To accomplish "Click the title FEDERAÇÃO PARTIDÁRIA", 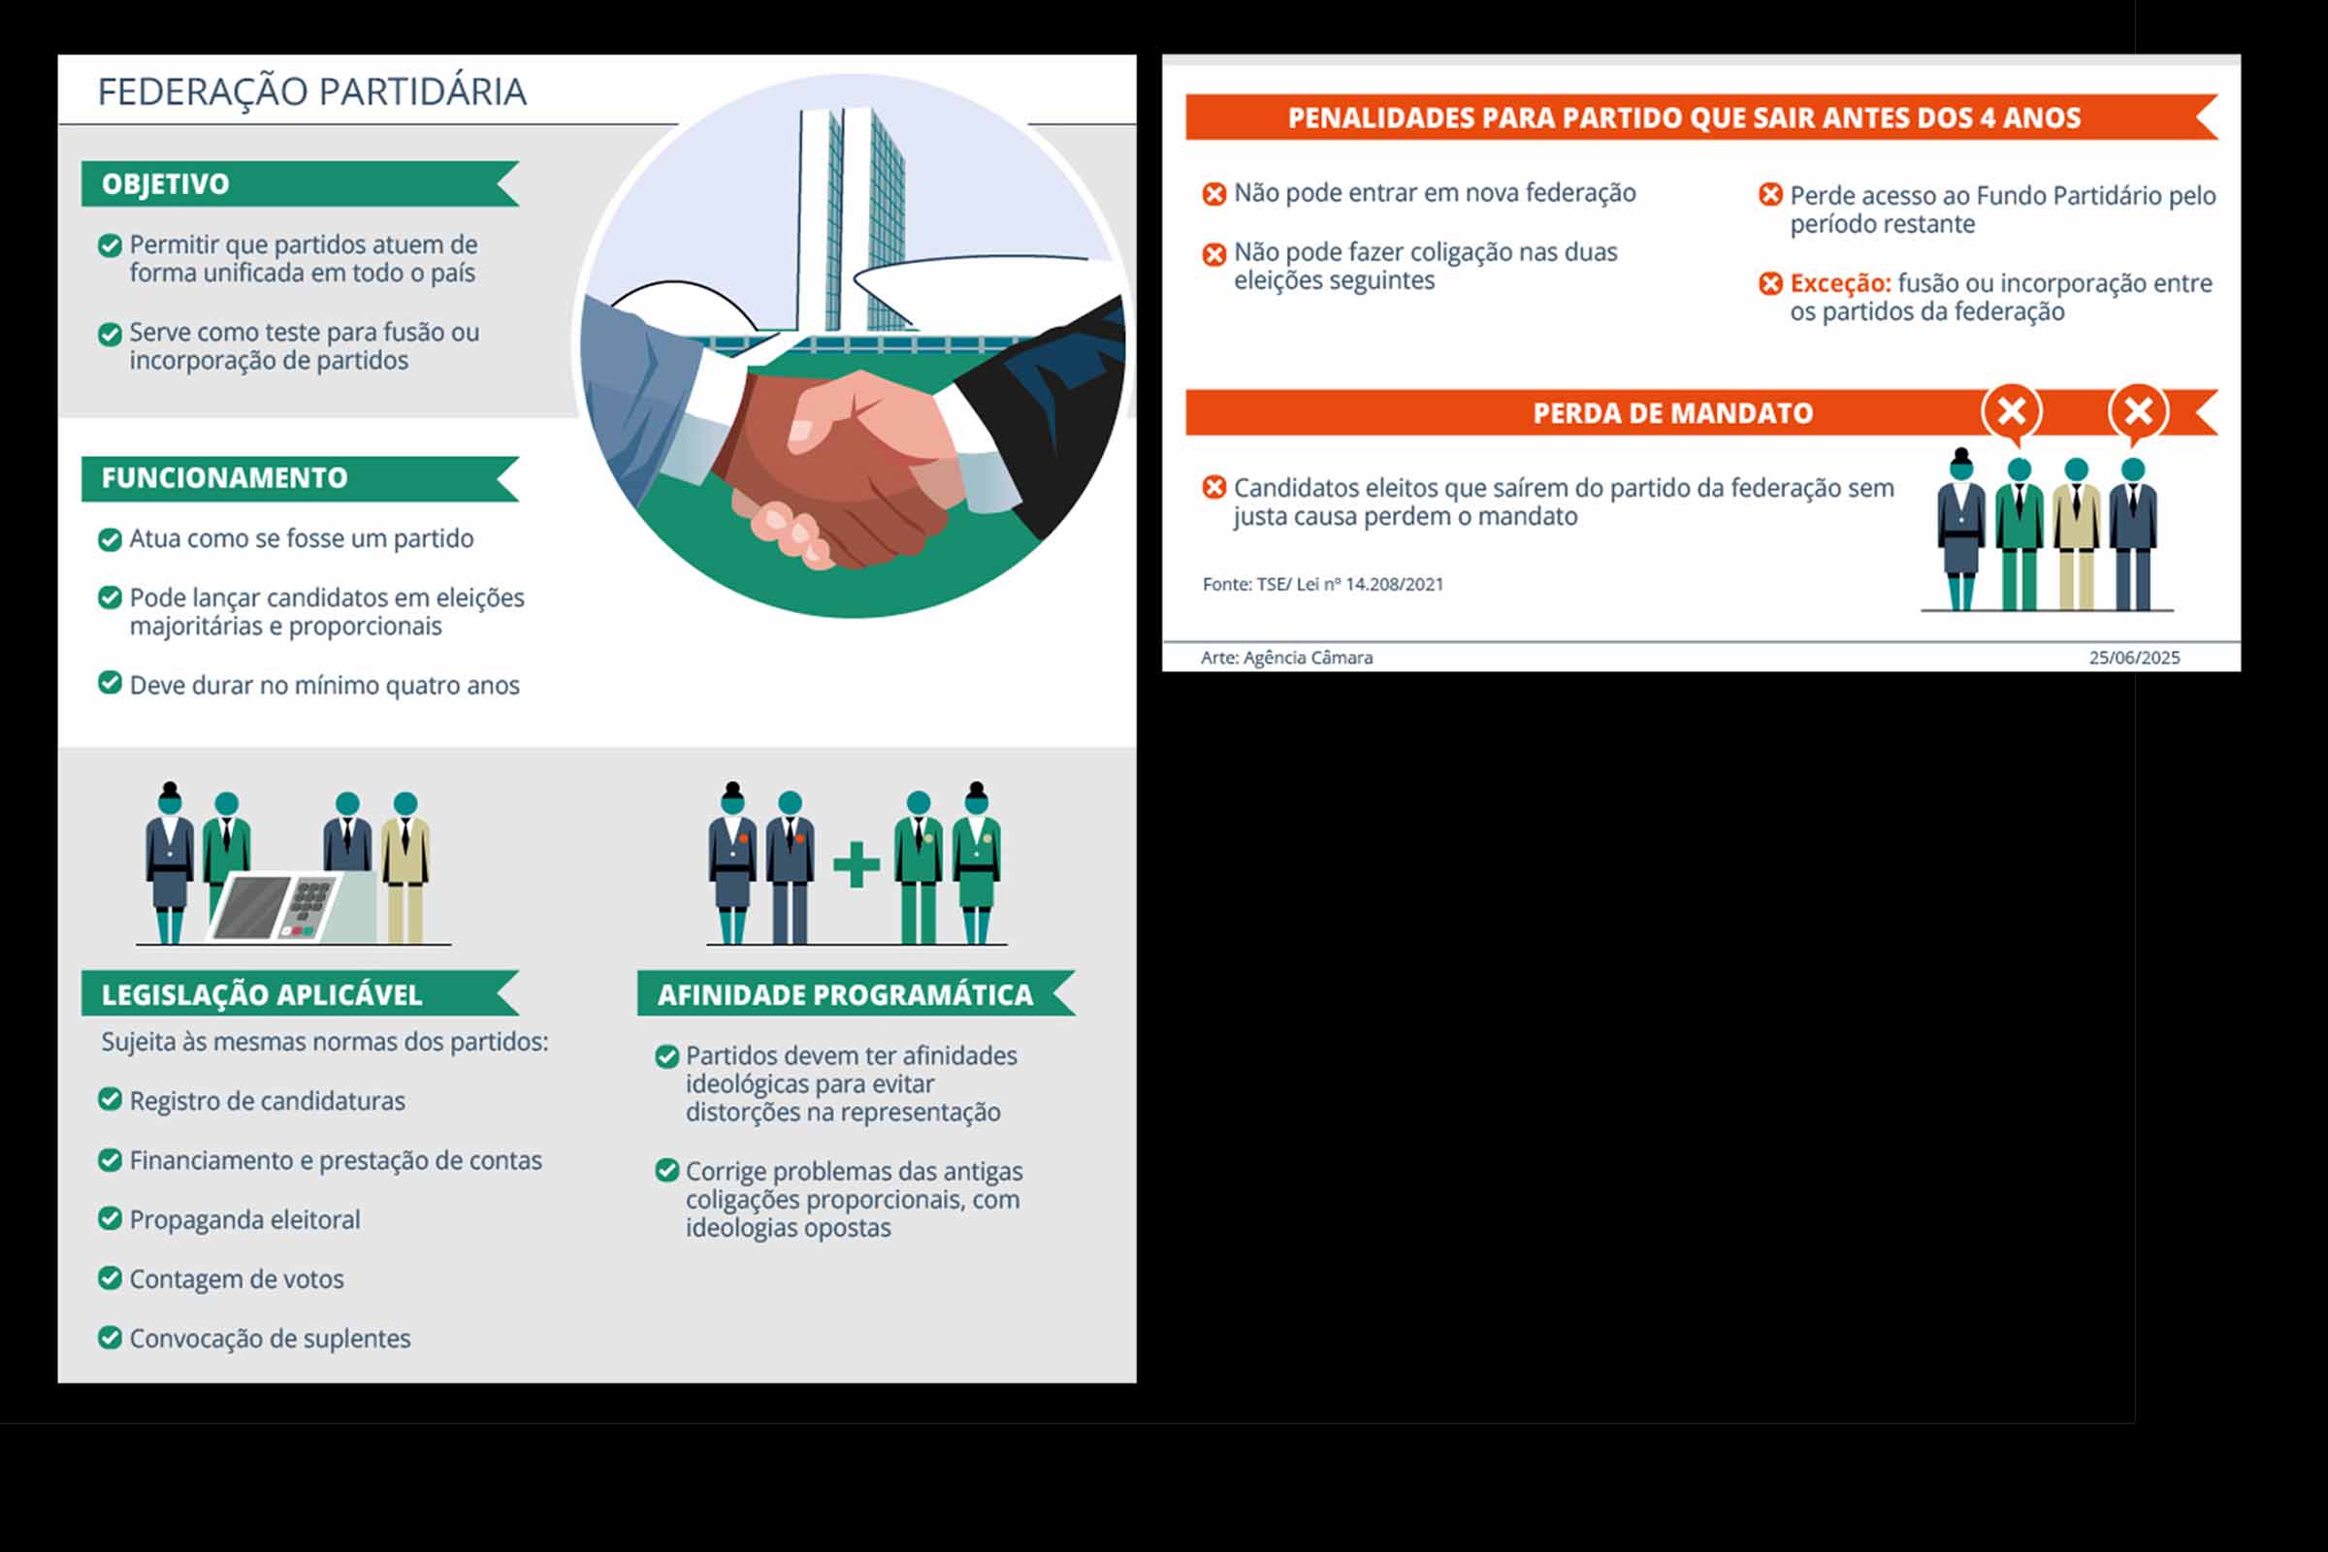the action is (311, 91).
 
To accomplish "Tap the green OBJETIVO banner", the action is (300, 184).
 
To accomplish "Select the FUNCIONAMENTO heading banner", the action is (300, 478).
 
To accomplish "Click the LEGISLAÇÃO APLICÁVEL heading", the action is (300, 993).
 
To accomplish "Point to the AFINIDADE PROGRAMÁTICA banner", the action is (857, 993).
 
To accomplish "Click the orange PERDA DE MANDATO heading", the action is (1672, 413).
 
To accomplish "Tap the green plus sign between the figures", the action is (857, 865).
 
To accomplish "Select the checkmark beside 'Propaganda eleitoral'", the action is (110, 1218).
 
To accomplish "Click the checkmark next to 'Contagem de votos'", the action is (110, 1277).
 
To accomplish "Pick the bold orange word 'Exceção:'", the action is (1840, 283).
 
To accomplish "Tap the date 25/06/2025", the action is (2134, 658).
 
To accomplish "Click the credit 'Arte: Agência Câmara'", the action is (1287, 658).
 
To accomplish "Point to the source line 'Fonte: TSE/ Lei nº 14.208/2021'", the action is (1323, 584).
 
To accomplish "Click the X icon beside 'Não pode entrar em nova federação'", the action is (1214, 194).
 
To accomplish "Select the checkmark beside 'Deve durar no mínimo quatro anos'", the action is (110, 683).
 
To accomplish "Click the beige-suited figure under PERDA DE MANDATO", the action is (2077, 534).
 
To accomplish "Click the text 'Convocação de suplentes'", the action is (270, 1339).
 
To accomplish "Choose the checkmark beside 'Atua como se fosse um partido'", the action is (110, 538).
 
